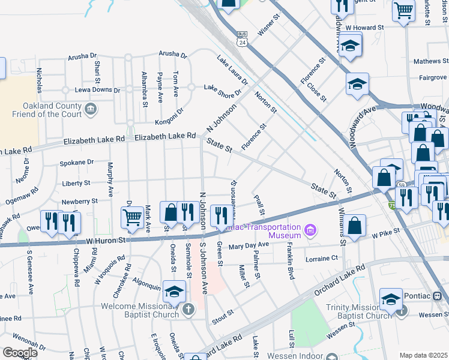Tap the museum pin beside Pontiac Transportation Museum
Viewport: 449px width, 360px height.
(x=310, y=230)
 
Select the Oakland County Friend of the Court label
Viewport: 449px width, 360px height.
(x=47, y=108)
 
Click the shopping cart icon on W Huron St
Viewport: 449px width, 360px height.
(x=131, y=217)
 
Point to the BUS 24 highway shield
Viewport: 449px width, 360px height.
(x=243, y=38)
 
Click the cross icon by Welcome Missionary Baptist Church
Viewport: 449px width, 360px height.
(x=188, y=310)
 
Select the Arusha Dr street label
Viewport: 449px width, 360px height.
(x=83, y=56)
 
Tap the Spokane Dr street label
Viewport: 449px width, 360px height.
(x=77, y=162)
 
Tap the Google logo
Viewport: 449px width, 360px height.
(x=20, y=353)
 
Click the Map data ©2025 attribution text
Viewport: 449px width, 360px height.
(x=423, y=355)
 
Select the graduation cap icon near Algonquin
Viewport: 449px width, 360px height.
(x=174, y=291)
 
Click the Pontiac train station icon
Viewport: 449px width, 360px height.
(x=437, y=295)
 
